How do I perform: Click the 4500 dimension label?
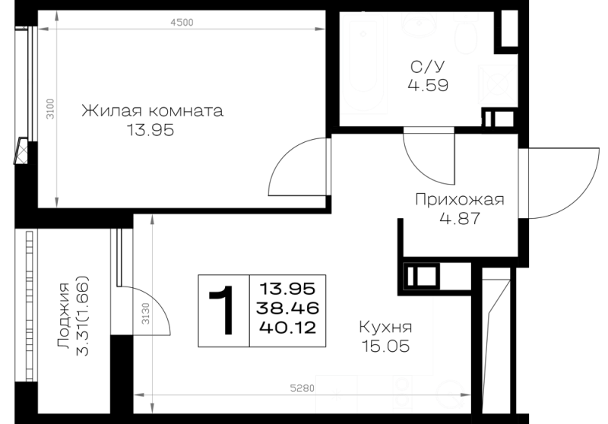[182, 23]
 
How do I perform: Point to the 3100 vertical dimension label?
[50, 109]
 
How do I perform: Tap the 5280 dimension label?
[302, 388]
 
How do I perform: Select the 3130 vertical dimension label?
[145, 314]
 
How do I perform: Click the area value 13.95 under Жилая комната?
[150, 130]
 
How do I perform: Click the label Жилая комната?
[153, 111]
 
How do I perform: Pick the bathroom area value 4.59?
[428, 85]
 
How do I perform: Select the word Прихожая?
[460, 200]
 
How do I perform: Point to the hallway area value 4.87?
[460, 219]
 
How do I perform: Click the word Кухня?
[385, 327]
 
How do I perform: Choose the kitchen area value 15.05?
[385, 346]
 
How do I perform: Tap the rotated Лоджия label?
[64, 315]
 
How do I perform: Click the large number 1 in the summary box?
[222, 311]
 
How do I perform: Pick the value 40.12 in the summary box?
[288, 328]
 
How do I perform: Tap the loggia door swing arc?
[160, 302]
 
